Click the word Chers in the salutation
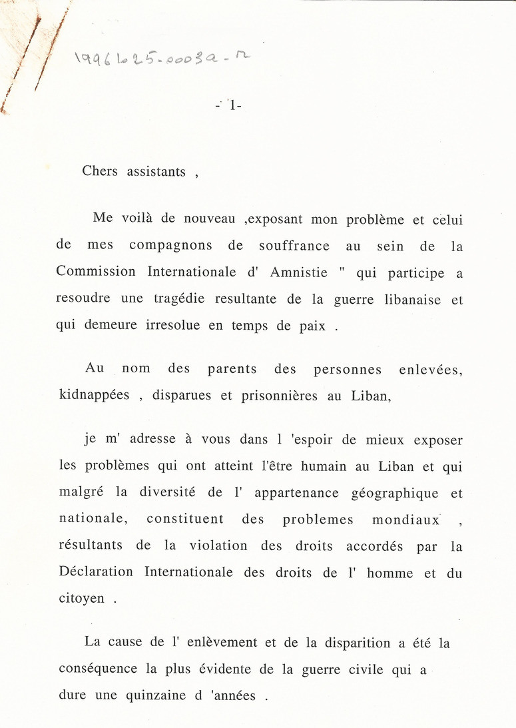[x=100, y=171]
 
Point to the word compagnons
[x=170, y=245]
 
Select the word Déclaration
[x=96, y=572]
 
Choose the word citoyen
[x=82, y=599]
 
